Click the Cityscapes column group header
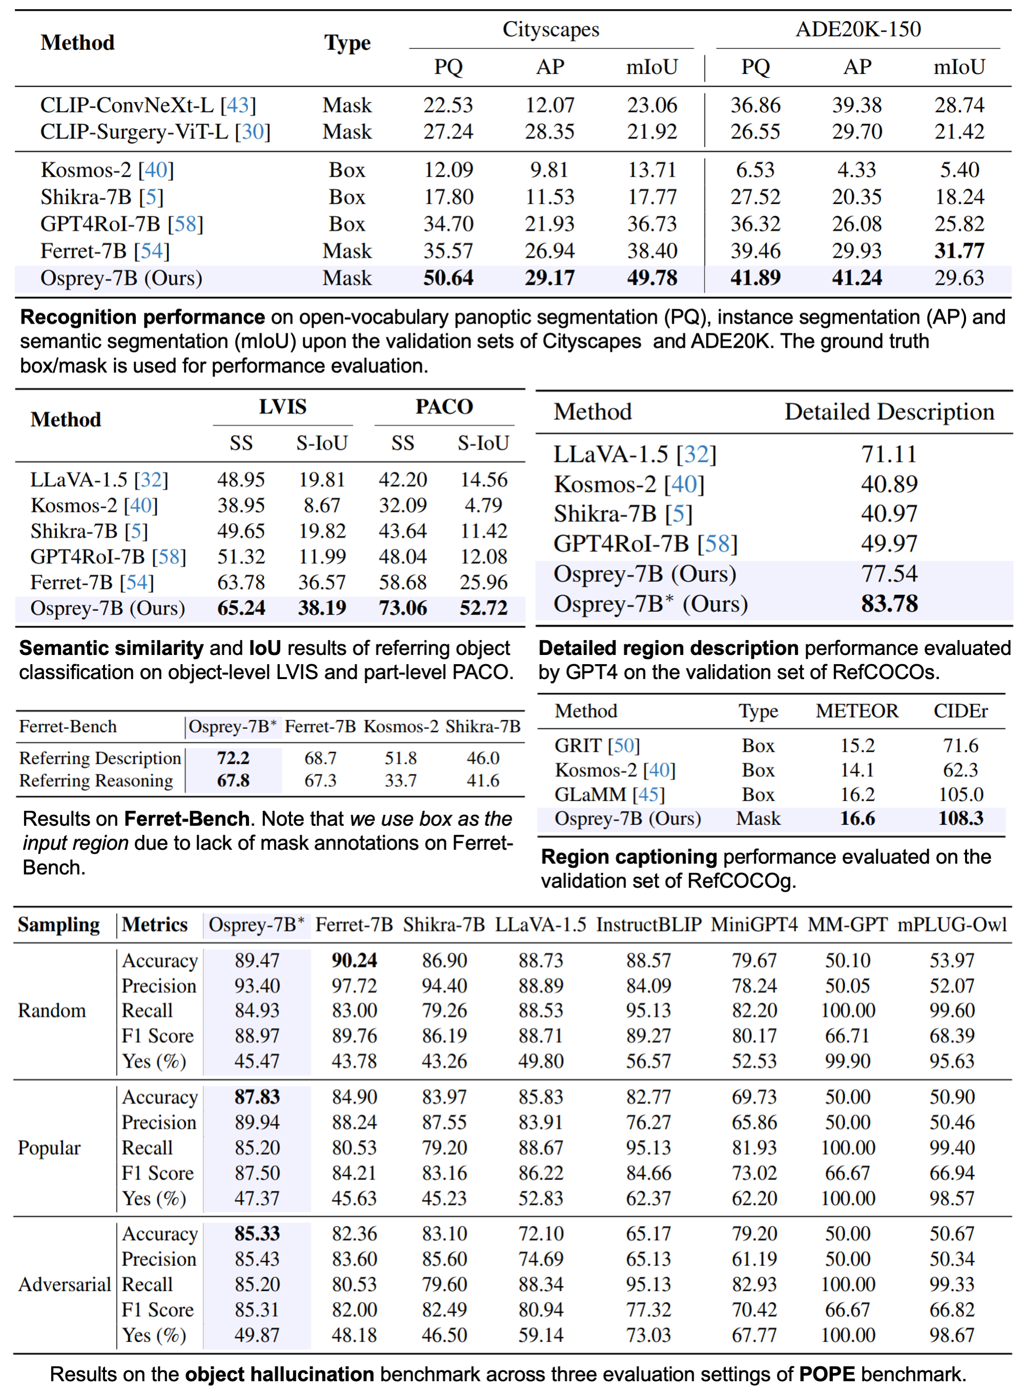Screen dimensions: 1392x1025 pyautogui.click(x=550, y=29)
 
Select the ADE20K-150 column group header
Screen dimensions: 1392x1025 pyautogui.click(x=857, y=29)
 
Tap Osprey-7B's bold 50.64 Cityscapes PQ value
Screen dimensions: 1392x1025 pyautogui.click(x=448, y=277)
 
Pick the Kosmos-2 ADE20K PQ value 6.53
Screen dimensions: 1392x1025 pyautogui.click(x=755, y=169)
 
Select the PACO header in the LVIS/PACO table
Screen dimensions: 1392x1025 pyautogui.click(x=444, y=407)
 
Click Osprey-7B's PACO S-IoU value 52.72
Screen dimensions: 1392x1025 pyautogui.click(x=483, y=608)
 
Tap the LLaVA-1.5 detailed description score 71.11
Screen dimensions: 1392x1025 pyautogui.click(x=889, y=454)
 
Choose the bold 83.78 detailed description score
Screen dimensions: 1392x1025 pyautogui.click(x=889, y=604)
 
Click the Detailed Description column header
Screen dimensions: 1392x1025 pyautogui.click(x=889, y=412)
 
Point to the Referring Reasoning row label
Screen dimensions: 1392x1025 pyautogui.click(x=96, y=781)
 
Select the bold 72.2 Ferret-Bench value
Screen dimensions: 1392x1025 pyautogui.click(x=233, y=758)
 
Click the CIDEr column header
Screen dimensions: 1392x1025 pyautogui.click(x=960, y=711)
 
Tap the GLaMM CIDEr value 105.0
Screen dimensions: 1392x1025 pyautogui.click(x=960, y=794)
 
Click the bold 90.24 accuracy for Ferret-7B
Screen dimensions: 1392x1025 pyautogui.click(x=354, y=961)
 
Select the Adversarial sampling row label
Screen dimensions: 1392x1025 pyautogui.click(x=65, y=1284)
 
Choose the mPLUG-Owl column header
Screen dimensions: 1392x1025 pyautogui.click(x=952, y=924)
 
